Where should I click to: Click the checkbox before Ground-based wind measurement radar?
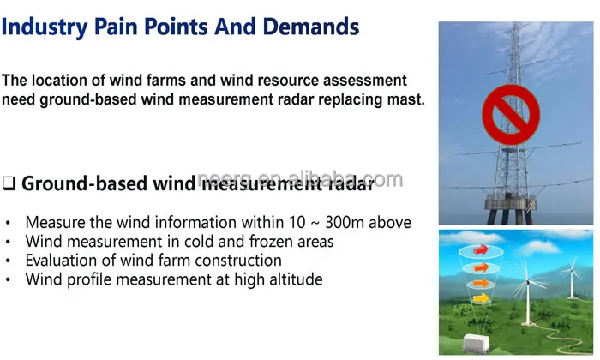click(9, 183)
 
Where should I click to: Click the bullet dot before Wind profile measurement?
click(9, 280)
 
